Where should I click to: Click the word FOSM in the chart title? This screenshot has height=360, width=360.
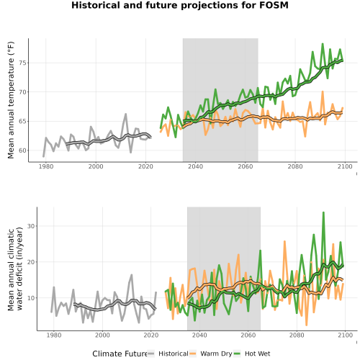tap(274, 5)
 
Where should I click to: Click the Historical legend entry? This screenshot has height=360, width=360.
tap(168, 354)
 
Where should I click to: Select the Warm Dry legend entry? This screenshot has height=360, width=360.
tap(211, 354)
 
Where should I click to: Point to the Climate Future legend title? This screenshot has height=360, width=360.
tap(120, 354)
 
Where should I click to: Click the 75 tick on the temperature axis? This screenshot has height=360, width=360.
tap(22, 63)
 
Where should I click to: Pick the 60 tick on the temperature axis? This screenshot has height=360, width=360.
tap(22, 150)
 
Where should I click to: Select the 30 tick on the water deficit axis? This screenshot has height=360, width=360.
tap(31, 226)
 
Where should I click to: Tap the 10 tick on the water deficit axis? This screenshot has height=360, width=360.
tap(31, 298)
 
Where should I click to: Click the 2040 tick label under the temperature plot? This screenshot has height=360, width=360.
tap(196, 166)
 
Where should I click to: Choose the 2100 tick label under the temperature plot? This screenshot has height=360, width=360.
tap(345, 166)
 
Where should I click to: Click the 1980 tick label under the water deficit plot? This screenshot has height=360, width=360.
tap(54, 335)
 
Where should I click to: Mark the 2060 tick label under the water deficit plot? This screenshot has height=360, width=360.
tap(248, 335)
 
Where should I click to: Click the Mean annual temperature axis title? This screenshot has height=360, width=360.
tap(11, 100)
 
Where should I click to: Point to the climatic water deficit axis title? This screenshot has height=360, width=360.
tap(15, 269)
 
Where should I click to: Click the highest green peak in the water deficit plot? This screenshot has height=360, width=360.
tap(323, 212)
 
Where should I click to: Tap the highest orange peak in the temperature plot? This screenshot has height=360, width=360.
tap(323, 91)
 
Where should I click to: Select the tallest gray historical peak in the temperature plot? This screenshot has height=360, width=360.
tap(126, 114)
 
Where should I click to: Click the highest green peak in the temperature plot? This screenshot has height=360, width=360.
tap(323, 44)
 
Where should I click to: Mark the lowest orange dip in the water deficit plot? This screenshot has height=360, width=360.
tap(307, 325)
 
